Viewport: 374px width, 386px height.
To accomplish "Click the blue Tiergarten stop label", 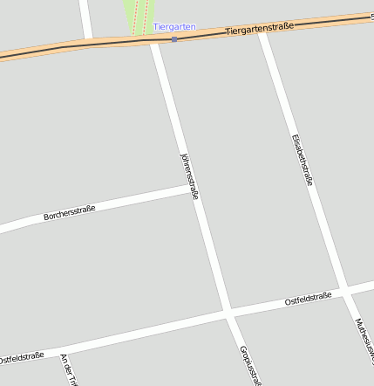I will pos(174,27).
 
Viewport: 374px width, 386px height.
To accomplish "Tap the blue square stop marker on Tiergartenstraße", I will pos(174,39).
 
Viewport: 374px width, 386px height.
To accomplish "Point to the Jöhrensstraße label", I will pos(188,176).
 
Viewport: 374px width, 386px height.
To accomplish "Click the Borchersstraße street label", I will pos(69,212).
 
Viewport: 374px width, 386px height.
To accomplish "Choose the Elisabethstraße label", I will pos(303,160).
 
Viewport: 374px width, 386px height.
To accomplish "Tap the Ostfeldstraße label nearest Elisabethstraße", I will pos(308,299).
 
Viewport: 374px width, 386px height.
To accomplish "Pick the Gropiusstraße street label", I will pos(249,365).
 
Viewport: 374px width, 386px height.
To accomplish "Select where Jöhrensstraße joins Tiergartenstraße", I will pos(154,41).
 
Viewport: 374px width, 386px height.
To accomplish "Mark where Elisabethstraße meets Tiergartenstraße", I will pos(262,31).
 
